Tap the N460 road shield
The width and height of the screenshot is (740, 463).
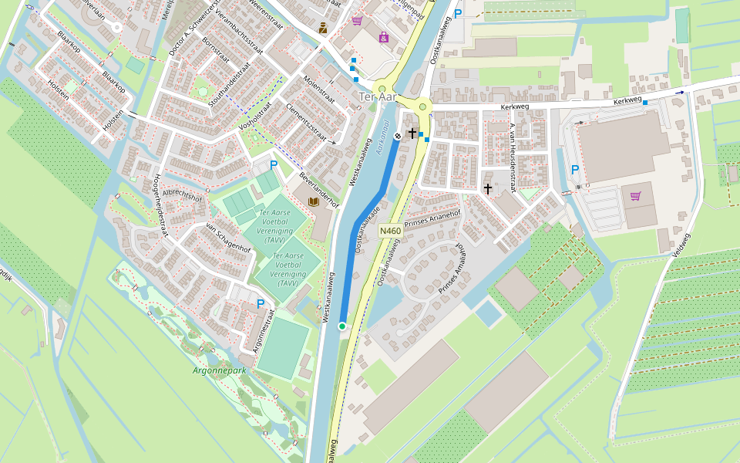(x=391, y=231)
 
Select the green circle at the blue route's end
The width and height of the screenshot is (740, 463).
(x=341, y=326)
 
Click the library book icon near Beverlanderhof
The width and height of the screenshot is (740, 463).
(x=313, y=202)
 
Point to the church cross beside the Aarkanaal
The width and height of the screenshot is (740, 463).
(x=412, y=133)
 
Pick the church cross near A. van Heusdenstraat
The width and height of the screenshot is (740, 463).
(x=487, y=188)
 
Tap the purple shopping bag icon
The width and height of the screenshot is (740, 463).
(x=635, y=196)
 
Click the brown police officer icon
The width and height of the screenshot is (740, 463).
(x=323, y=29)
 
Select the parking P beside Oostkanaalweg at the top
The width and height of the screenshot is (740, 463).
(x=458, y=13)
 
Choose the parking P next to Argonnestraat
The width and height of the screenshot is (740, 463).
(x=261, y=304)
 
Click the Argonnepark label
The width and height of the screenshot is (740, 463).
(x=219, y=370)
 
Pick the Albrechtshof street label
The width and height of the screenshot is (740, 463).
(x=182, y=195)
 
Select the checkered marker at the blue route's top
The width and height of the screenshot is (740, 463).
(x=398, y=137)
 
